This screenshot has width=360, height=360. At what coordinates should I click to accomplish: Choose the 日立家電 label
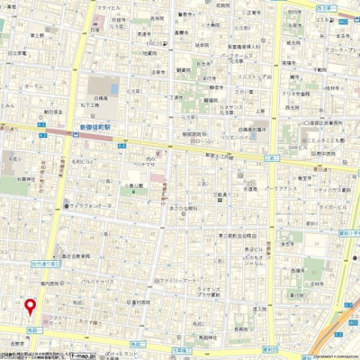pyautogui.click(x=17, y=53)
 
